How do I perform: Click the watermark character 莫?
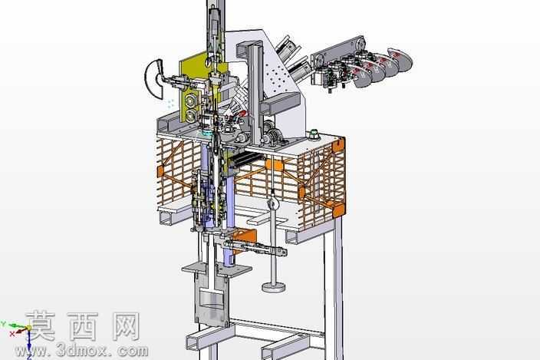tap(40, 326)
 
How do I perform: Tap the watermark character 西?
tap(83, 326)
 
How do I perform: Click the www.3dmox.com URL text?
tap(82, 351)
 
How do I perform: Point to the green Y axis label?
tap(3, 323)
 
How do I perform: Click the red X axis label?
tap(12, 333)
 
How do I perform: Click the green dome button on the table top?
tap(314, 134)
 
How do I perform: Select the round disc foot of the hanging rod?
tap(273, 286)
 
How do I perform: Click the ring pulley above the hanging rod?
tap(272, 204)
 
